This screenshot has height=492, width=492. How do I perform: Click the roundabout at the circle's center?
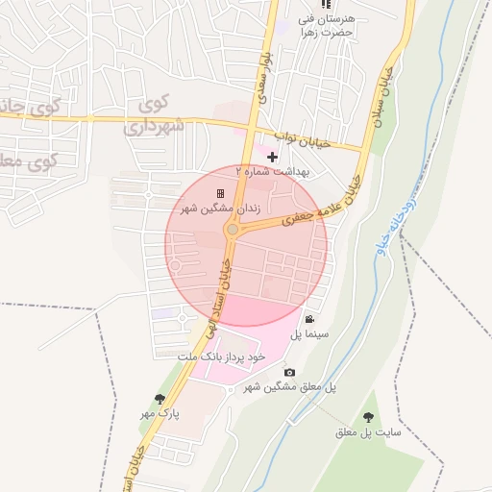(232, 230)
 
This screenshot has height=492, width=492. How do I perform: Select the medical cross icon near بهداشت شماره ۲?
(272, 157)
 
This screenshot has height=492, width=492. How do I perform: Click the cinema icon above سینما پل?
(309, 319)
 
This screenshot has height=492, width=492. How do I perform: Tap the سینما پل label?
(310, 334)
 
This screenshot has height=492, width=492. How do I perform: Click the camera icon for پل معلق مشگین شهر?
(289, 372)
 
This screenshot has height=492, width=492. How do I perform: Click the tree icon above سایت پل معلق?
(368, 417)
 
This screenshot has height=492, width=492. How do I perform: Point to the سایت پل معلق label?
(367, 432)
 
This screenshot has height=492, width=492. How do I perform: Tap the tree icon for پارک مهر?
(160, 398)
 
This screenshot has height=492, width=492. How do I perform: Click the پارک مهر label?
(160, 413)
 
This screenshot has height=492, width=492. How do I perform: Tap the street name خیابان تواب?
(302, 141)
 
